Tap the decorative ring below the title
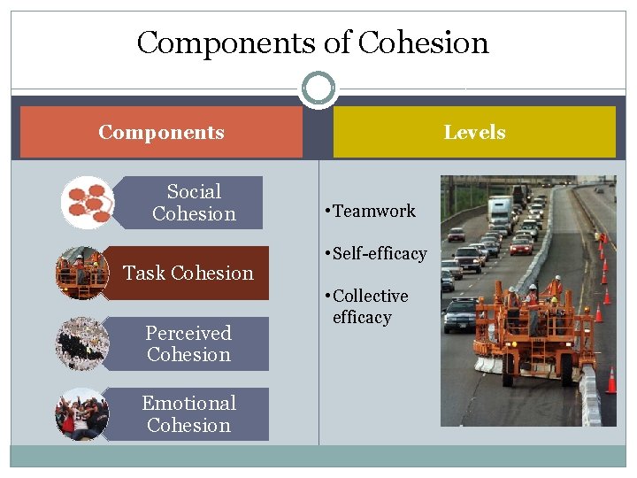[x=318, y=89]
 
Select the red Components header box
[x=161, y=133]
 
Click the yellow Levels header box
[x=474, y=133]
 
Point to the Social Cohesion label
[x=194, y=203]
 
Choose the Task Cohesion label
[x=188, y=273]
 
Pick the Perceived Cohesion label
[x=188, y=343]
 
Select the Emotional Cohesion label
[x=188, y=414]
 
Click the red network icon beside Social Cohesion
[x=87, y=203]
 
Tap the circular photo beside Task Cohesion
[x=81, y=273]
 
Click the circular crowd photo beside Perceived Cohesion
[x=81, y=343]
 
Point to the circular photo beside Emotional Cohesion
[x=81, y=414]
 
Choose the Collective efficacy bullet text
[x=371, y=306]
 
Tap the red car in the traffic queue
[x=521, y=245]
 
